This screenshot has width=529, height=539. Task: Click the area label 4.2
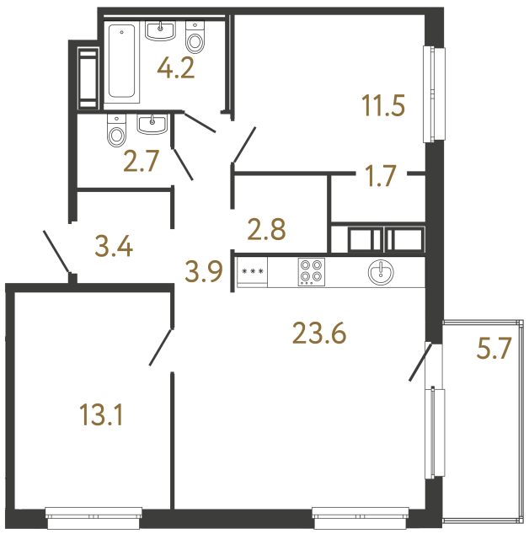177,67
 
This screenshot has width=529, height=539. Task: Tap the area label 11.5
383,107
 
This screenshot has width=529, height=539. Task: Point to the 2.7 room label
141,162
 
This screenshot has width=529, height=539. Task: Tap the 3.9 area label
204,271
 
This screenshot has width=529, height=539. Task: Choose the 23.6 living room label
319,334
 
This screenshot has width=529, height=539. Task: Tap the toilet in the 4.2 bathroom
195,38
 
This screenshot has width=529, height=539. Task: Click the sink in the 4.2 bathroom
159,32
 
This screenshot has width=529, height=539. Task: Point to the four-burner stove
310,272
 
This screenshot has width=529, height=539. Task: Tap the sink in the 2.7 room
152,125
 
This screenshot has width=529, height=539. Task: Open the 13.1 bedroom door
162,347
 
